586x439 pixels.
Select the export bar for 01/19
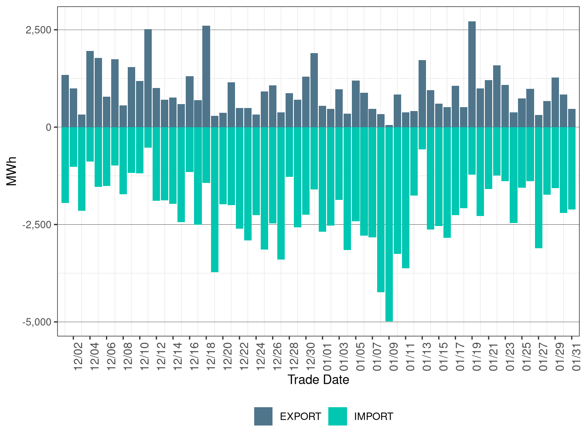coord(472,74)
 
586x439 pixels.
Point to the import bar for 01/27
coord(538,188)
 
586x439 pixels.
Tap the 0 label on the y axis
coord(48,127)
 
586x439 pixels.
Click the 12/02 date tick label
coord(78,356)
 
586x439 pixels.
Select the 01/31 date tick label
coord(576,356)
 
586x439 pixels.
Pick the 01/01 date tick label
coord(327,356)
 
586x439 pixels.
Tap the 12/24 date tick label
coord(261,356)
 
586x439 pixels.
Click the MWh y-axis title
coord(12,171)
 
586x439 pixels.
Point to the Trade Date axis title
coord(318,380)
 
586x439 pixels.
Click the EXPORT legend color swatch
coord(263,416)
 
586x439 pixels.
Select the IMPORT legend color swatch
coord(337,416)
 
